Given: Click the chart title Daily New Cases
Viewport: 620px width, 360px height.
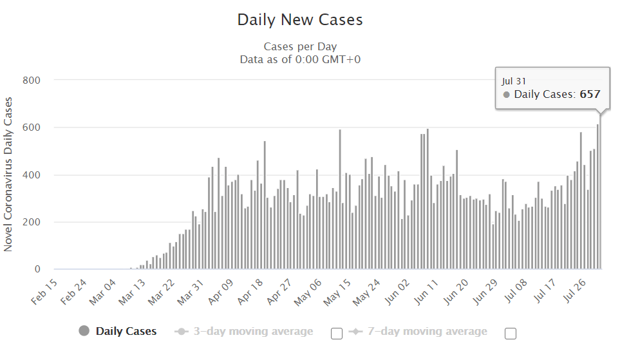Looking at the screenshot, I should click(x=300, y=20).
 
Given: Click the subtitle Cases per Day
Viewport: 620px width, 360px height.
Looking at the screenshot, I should click(x=300, y=47).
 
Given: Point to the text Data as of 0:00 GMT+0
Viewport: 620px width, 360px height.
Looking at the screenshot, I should click(x=300, y=59).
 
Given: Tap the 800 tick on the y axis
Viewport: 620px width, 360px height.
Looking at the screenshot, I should click(x=32, y=80).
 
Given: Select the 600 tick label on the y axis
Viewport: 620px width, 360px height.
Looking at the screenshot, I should click(x=32, y=128).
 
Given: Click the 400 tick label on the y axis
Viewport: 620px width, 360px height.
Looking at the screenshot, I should click(x=32, y=175).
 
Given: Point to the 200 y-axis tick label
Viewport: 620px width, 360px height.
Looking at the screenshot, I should click(x=32, y=222).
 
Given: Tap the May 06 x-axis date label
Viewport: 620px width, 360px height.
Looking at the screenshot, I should click(x=307, y=292).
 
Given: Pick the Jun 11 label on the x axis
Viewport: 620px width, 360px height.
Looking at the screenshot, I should click(x=425, y=292).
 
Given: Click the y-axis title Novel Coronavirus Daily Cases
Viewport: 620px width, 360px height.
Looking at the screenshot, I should click(x=8, y=174).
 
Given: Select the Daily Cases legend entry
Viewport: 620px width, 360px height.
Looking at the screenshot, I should click(x=126, y=332).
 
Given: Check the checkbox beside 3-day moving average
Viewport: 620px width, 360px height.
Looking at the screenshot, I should click(x=336, y=333).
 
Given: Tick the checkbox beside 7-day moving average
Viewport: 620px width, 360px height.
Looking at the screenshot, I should click(x=511, y=333).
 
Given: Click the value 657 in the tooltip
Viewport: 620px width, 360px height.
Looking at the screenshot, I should click(x=590, y=94).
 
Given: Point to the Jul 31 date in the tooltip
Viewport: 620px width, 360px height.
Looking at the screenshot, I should click(x=513, y=81).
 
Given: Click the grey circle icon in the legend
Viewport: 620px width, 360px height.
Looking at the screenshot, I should click(x=84, y=331).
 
